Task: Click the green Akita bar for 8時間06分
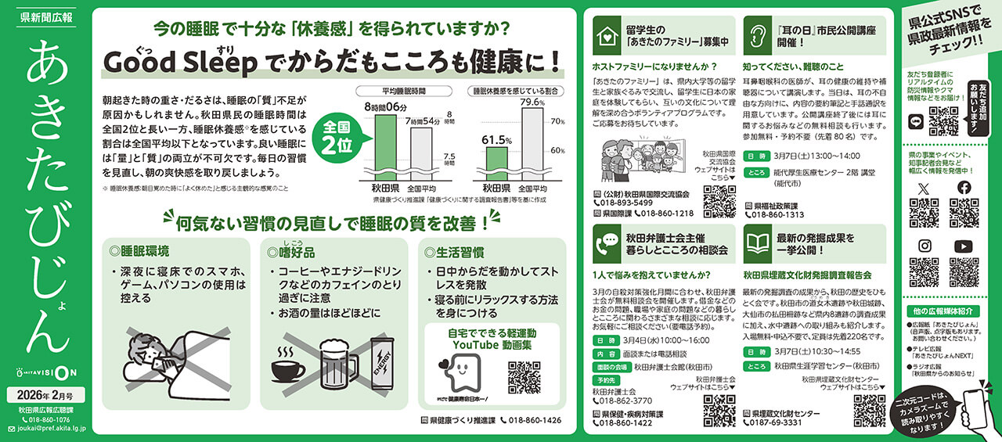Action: (386, 147)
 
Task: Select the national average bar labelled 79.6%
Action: (533, 144)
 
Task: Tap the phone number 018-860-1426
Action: (530, 420)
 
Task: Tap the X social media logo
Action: (924, 189)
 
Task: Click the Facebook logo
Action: (964, 189)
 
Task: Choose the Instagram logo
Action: (924, 246)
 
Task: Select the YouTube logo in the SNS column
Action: (964, 246)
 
